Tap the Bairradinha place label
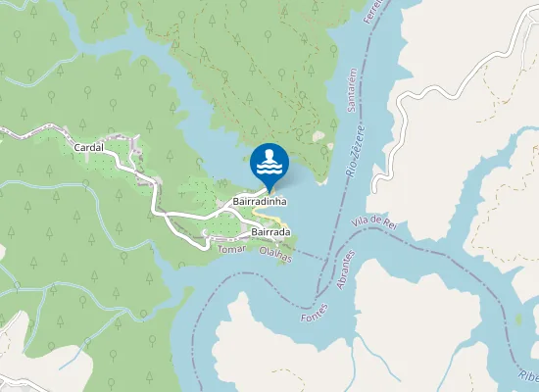(259, 201)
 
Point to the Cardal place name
(89, 147)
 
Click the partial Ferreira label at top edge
(369, 12)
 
